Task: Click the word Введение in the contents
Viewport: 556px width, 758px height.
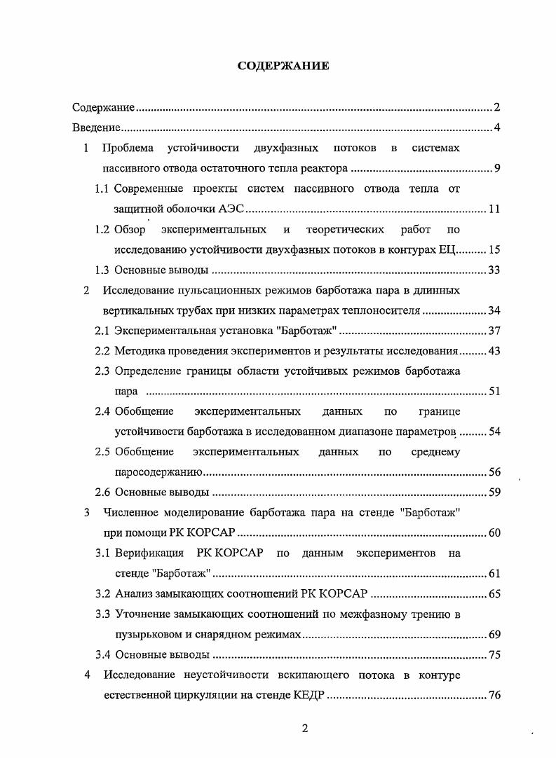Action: [x=96, y=128]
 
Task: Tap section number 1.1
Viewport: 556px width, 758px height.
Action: [x=102, y=188]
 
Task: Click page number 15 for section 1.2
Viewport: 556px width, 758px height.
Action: [x=494, y=249]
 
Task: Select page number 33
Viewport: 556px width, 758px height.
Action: [x=494, y=270]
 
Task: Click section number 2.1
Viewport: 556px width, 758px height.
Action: [x=102, y=331]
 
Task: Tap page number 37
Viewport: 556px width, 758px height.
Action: [x=494, y=331]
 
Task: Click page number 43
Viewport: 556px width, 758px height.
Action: [x=494, y=351]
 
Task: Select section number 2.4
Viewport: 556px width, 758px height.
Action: [x=102, y=411]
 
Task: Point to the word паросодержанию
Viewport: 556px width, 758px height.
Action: [x=158, y=472]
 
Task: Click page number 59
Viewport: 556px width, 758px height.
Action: [x=494, y=492]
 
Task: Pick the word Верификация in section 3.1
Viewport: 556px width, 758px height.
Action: [x=149, y=553]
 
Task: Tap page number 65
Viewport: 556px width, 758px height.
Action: [x=494, y=594]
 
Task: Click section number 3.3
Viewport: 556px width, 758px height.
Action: [x=102, y=614]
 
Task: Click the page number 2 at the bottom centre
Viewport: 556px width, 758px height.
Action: [x=304, y=729]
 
